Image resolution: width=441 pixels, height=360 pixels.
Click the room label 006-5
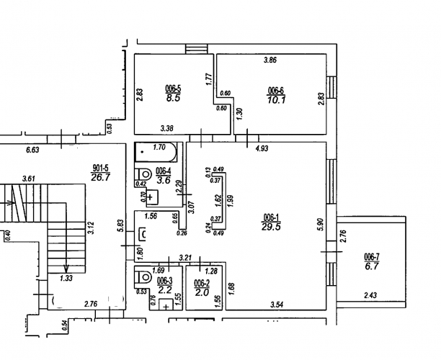point(173,89)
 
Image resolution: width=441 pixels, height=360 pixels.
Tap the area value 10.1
point(277,100)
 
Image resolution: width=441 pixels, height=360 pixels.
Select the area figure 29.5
point(271,227)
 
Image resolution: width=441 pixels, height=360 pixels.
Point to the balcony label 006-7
point(372,257)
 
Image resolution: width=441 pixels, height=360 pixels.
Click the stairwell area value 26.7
point(100,177)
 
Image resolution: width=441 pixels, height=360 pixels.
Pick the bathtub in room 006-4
point(156,152)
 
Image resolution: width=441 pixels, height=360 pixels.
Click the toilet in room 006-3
point(143,278)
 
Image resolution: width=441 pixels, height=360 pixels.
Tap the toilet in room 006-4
point(143,174)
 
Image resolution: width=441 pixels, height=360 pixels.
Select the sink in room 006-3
point(166,305)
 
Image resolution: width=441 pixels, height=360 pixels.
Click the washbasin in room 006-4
point(151,197)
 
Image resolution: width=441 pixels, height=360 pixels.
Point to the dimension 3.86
point(270,60)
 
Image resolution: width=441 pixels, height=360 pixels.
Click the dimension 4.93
point(262,148)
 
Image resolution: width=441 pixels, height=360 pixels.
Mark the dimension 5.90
point(321,224)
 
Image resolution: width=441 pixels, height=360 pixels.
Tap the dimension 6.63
point(32,150)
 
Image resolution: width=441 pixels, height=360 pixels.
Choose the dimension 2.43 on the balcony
point(370,295)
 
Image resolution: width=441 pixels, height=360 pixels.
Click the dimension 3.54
point(277,304)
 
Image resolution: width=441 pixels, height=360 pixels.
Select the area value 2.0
point(202,292)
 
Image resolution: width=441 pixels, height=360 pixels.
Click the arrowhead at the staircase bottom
point(66,269)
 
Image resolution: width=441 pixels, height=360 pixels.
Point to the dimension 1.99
point(231,201)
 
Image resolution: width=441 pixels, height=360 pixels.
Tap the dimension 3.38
point(166,129)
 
